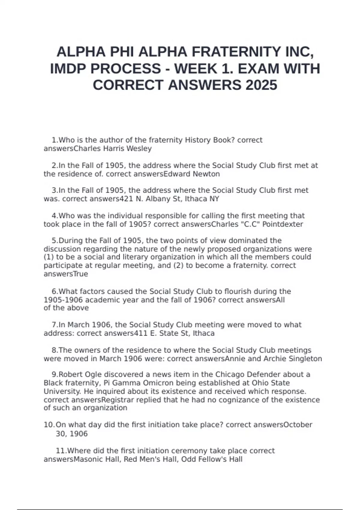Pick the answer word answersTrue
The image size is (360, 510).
pyautogui.click(x=66, y=274)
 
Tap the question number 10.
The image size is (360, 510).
pyautogui.click(x=49, y=425)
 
